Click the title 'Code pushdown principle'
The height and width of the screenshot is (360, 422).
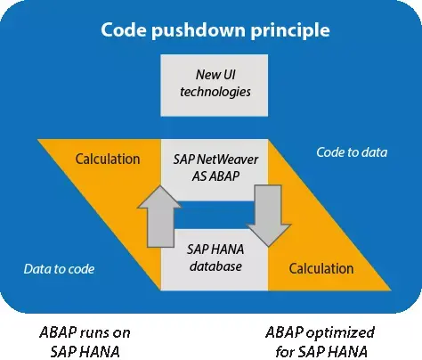pyautogui.click(x=216, y=30)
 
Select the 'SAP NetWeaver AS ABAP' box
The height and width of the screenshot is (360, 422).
pyautogui.click(x=214, y=166)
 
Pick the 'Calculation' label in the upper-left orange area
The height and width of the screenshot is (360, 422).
pyautogui.click(x=108, y=160)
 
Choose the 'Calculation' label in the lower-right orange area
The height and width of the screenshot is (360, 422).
pyautogui.click(x=321, y=268)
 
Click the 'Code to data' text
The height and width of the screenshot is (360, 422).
pyautogui.click(x=352, y=152)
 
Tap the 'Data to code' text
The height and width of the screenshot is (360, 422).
pyautogui.click(x=61, y=268)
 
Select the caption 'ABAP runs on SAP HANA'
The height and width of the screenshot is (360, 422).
pyautogui.click(x=85, y=341)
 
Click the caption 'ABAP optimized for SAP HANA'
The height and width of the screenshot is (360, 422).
pyautogui.click(x=320, y=341)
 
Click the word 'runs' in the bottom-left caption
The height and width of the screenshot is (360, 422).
pyautogui.click(x=93, y=332)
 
